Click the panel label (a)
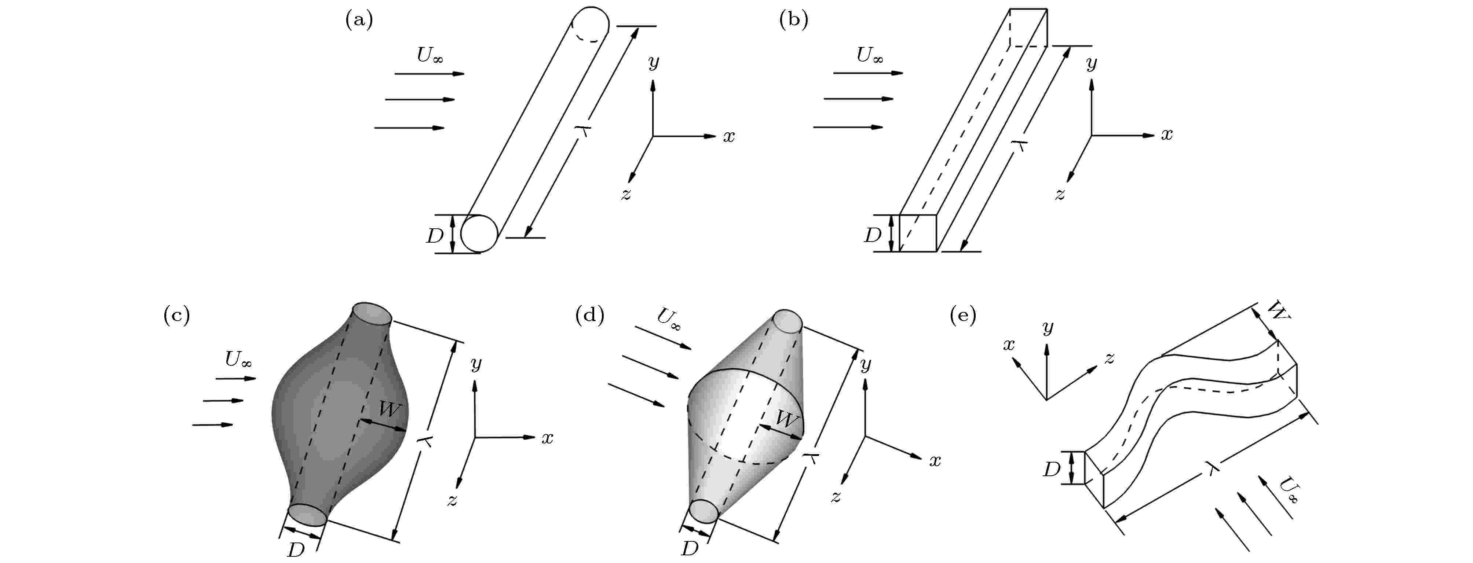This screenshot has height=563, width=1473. pos(359,20)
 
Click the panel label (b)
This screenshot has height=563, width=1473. pos(794,20)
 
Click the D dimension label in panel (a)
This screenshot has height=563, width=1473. pos(435,235)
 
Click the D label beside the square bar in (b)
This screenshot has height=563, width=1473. pos(873,235)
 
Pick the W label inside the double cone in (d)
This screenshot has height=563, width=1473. pos(787,420)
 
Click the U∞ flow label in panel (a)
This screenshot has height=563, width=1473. pos(430,55)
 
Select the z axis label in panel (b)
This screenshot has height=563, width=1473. pos(1060,194)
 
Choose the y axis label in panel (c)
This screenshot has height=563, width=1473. pos(476,364)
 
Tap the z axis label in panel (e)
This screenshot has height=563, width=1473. pos(1109,358)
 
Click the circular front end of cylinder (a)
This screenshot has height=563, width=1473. pos(479,233)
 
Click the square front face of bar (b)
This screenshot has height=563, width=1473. pos(918,233)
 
